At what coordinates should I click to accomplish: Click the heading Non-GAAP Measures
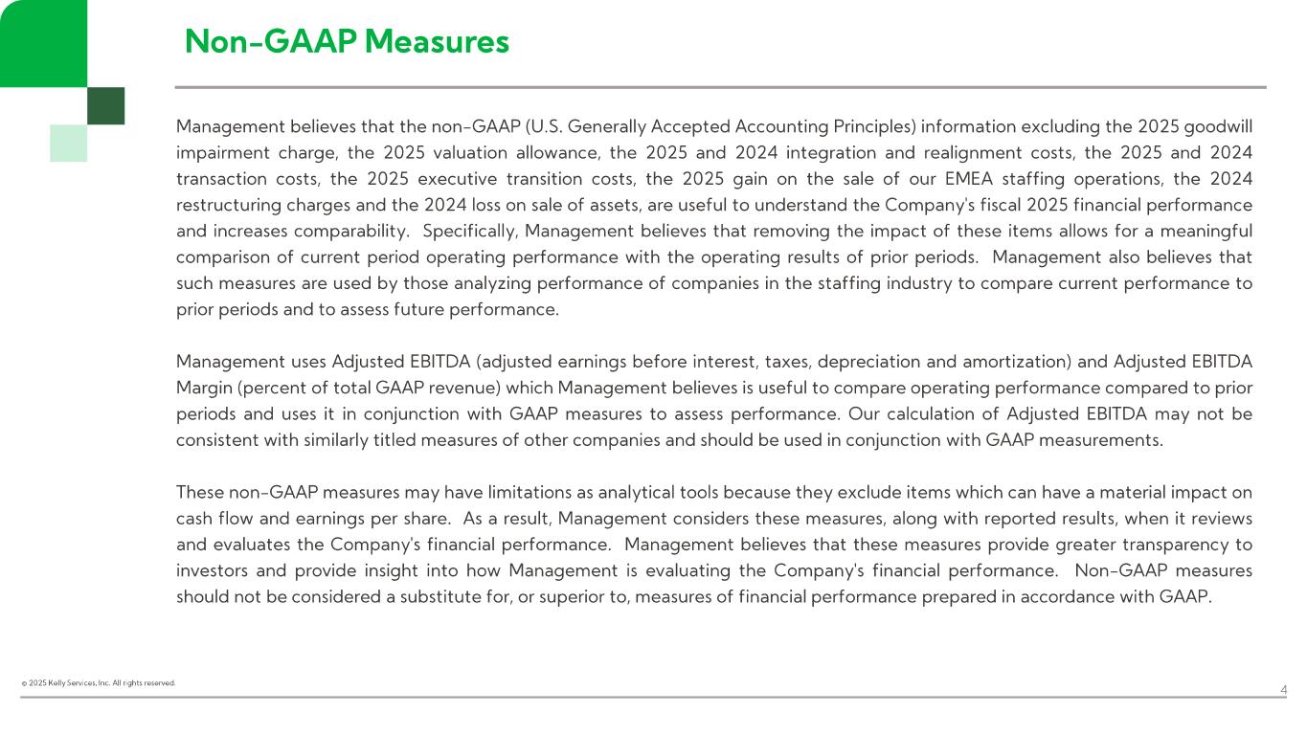(x=347, y=41)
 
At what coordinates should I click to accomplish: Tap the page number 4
(x=1284, y=690)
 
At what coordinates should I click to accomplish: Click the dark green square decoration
(x=105, y=105)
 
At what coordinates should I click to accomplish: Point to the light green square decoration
(x=68, y=143)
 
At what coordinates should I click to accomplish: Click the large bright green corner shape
(x=43, y=42)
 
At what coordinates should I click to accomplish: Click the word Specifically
(x=469, y=231)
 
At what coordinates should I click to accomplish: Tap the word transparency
(x=1172, y=545)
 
